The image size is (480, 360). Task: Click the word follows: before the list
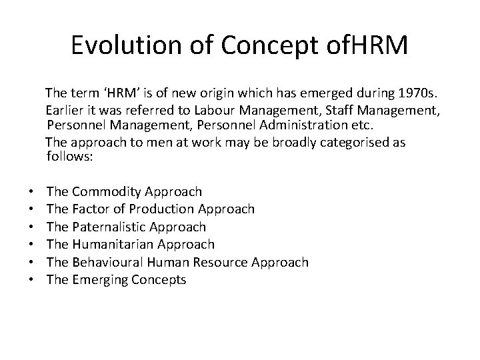coord(71,156)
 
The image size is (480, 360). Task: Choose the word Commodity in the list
coord(102,192)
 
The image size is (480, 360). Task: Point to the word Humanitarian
coord(111,245)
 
